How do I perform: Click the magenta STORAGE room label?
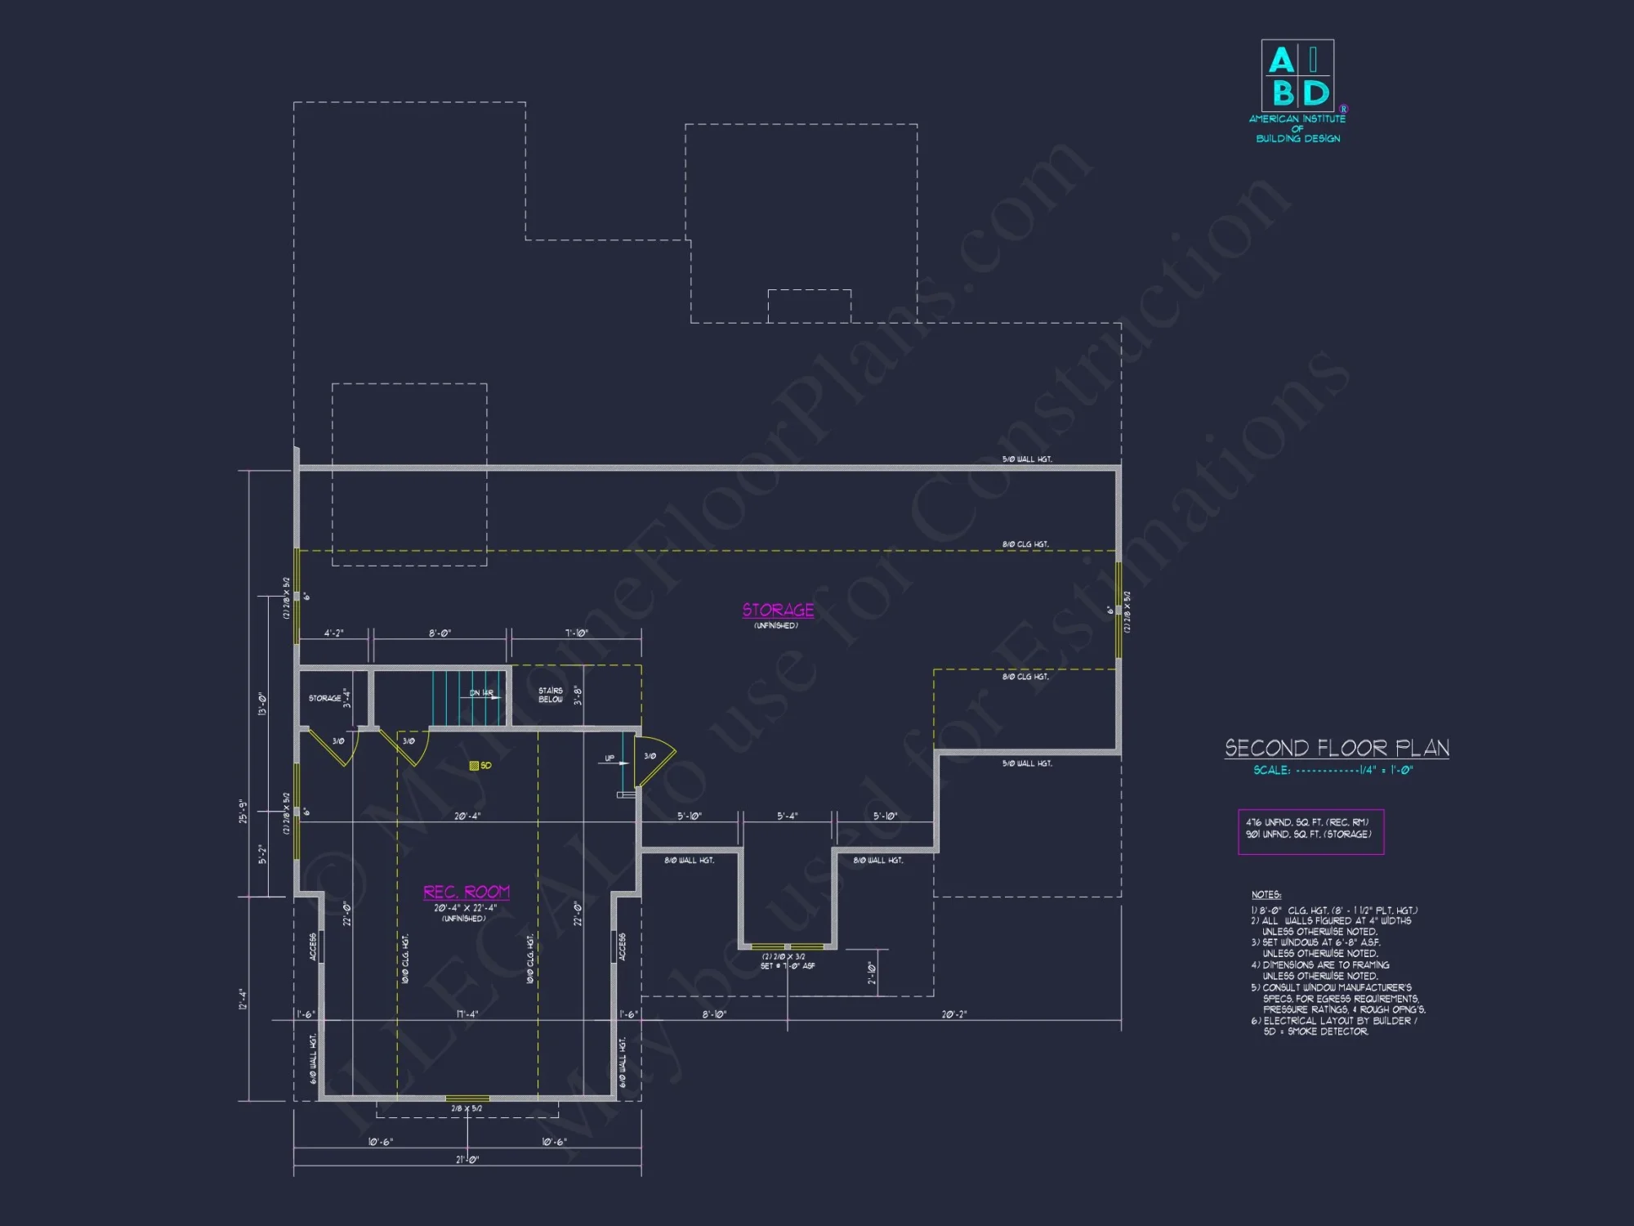point(778,610)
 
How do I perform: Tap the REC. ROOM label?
point(466,892)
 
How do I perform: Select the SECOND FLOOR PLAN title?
point(1337,748)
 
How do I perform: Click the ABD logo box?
point(1297,76)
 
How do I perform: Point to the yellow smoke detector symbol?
point(474,766)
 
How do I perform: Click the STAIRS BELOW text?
point(550,695)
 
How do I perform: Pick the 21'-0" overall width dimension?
point(467,1159)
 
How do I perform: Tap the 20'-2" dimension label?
point(953,1014)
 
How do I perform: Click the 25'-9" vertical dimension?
point(243,811)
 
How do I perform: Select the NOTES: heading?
point(1266,895)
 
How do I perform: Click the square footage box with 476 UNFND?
point(1310,830)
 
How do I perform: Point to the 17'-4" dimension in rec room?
point(467,1014)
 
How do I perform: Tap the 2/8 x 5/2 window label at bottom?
point(467,1108)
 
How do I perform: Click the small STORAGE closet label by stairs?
point(324,698)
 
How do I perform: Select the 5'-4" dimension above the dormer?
point(787,816)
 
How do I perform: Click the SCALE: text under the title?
point(1272,770)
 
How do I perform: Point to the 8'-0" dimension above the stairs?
point(440,633)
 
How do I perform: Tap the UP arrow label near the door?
point(609,758)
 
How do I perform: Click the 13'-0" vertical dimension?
point(262,704)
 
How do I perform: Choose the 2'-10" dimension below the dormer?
point(871,973)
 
